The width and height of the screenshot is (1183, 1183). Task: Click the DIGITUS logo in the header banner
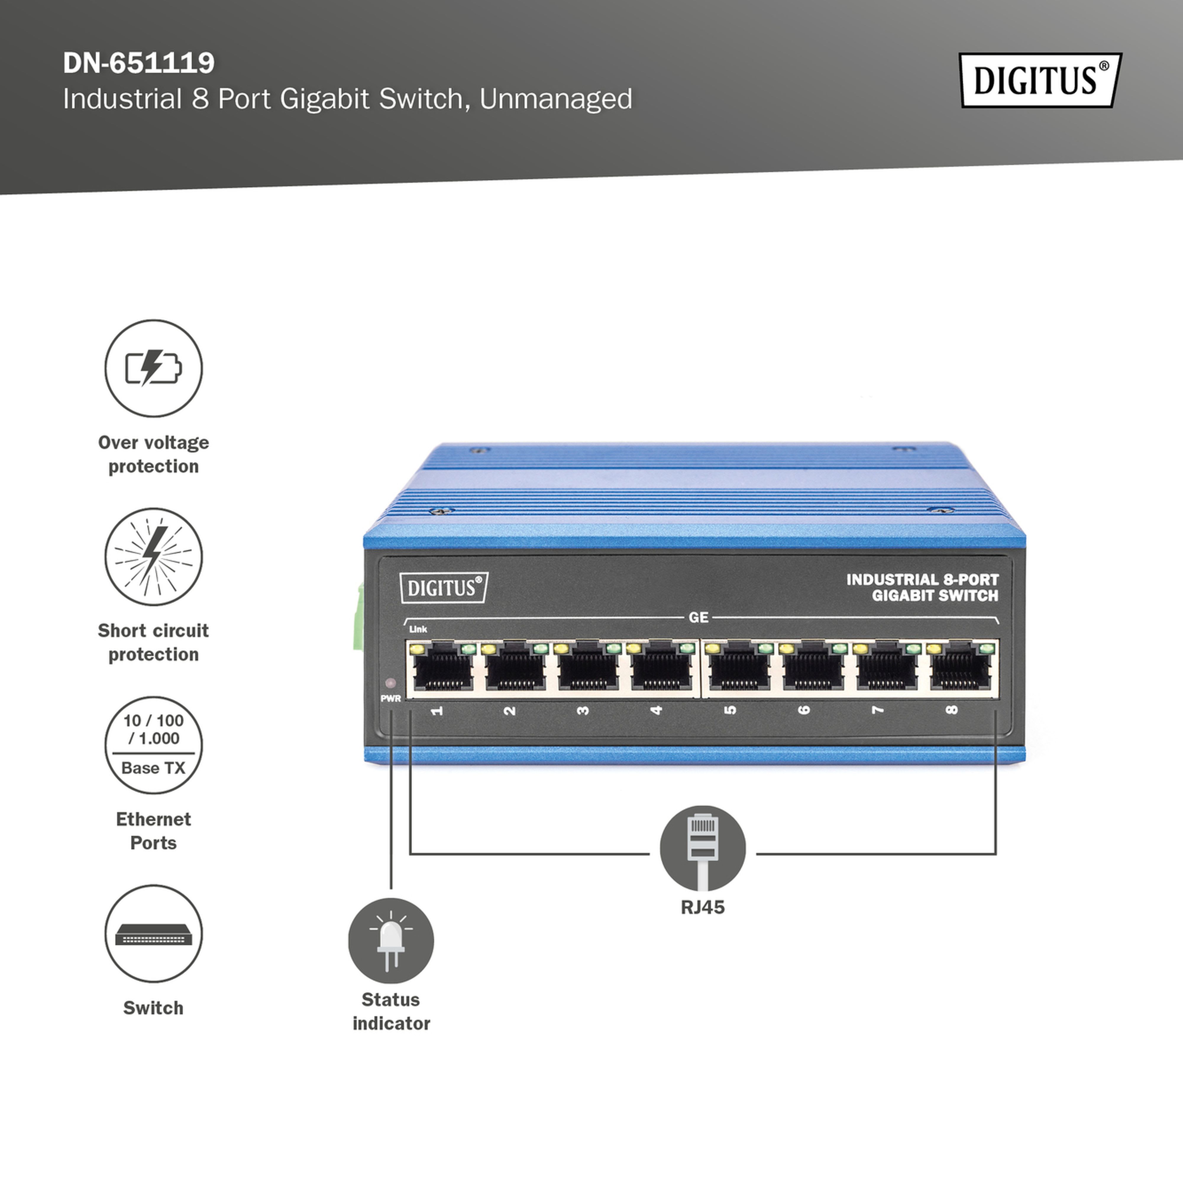pos(1040,80)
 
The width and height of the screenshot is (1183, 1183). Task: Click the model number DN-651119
pos(139,62)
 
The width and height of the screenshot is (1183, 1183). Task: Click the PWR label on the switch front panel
pos(391,698)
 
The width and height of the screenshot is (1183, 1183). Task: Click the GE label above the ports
pos(699,617)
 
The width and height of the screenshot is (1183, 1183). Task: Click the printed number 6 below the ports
pos(804,710)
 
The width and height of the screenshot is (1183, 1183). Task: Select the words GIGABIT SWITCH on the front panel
pos(935,596)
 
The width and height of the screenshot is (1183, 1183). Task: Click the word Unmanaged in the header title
pos(556,99)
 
